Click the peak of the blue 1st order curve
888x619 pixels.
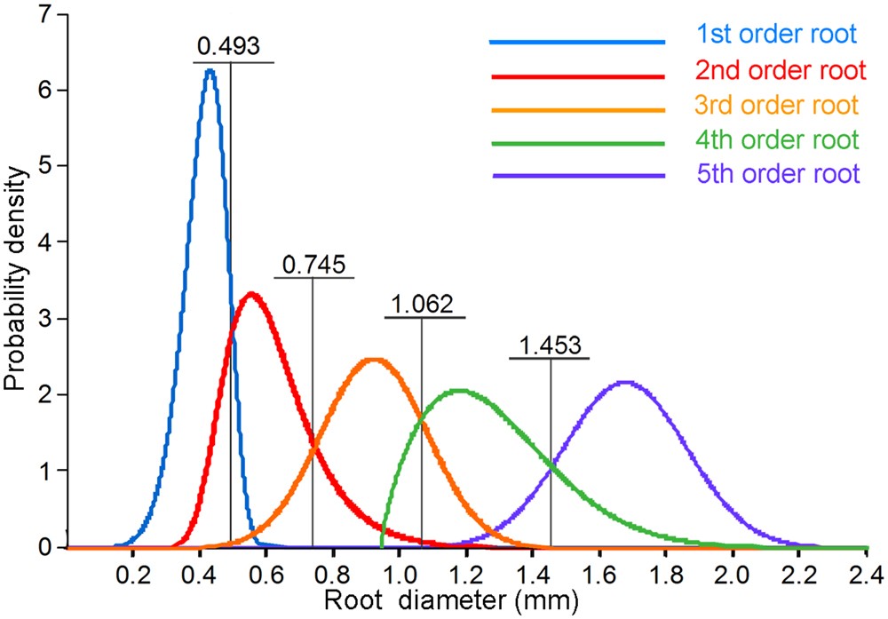[x=210, y=70]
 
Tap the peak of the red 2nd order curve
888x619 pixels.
[x=252, y=294]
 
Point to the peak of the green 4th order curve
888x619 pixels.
[x=458, y=390]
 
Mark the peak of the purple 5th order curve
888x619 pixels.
[x=625, y=383]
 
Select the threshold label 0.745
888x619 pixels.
[x=313, y=265]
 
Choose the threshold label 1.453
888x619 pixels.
[x=550, y=345]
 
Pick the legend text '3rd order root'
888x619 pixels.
[x=777, y=105]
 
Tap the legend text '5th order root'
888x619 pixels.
[x=778, y=174]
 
